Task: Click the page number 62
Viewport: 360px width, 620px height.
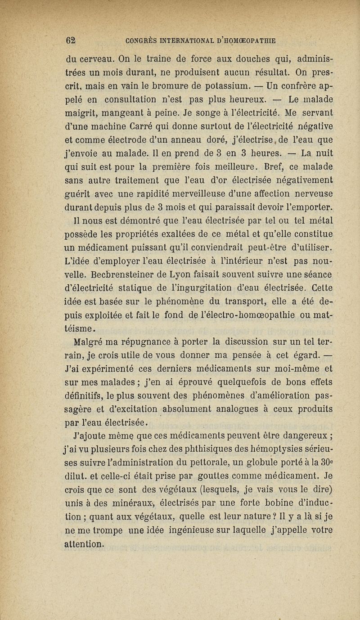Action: click(69, 40)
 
